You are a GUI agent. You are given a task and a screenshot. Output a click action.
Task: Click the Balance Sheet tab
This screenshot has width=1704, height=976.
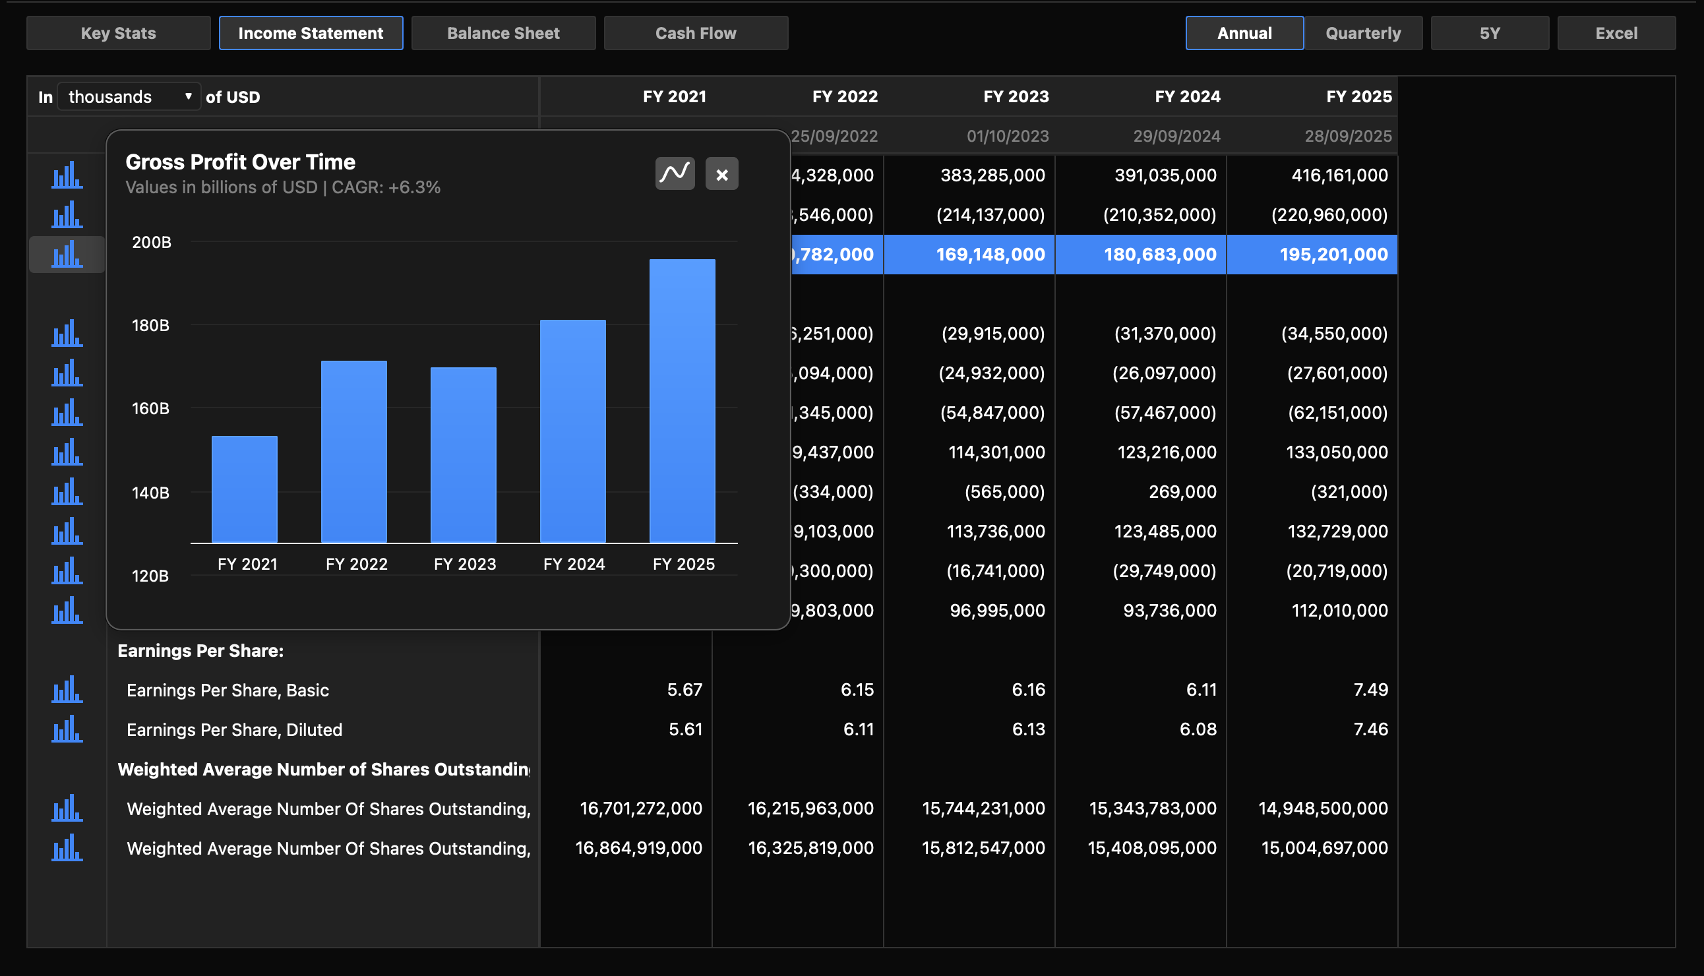click(x=502, y=33)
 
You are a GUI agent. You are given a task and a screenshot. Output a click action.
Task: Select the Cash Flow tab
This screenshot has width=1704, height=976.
click(x=695, y=33)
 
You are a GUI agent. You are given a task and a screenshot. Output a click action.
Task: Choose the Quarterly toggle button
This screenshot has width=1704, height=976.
click(x=1363, y=33)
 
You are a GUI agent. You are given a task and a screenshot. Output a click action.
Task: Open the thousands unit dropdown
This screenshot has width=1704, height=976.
click(x=129, y=96)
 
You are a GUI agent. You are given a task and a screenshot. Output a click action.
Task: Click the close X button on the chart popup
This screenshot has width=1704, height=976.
click(x=721, y=174)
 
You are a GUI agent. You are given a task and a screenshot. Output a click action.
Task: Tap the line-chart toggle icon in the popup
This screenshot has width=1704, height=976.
click(x=675, y=174)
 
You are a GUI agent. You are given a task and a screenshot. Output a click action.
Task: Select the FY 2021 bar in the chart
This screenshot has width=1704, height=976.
click(x=245, y=489)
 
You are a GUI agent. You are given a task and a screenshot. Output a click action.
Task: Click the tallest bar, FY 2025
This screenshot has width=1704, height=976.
click(x=682, y=401)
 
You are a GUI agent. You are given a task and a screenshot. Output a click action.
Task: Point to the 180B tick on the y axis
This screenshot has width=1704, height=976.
click(x=150, y=325)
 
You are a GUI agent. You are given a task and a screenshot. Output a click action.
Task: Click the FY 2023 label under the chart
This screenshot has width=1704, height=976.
click(x=464, y=564)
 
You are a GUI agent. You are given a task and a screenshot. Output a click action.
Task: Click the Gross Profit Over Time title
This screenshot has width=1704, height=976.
click(x=240, y=162)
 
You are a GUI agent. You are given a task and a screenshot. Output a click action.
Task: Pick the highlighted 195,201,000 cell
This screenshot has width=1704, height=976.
click(x=1333, y=254)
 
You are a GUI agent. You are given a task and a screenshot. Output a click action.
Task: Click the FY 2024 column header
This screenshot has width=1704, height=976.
click(x=1186, y=96)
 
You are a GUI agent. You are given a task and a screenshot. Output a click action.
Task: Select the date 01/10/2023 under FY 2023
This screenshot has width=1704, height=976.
click(x=1007, y=136)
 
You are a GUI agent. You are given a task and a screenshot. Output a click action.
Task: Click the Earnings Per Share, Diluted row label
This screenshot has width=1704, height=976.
click(x=234, y=729)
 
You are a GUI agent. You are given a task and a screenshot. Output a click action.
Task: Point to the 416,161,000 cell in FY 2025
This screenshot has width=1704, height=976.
click(x=1339, y=175)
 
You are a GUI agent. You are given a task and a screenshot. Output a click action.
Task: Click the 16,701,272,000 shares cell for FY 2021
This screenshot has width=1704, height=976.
click(x=640, y=808)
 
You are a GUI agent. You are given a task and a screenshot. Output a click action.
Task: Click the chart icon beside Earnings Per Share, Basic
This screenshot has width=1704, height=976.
click(x=67, y=689)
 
